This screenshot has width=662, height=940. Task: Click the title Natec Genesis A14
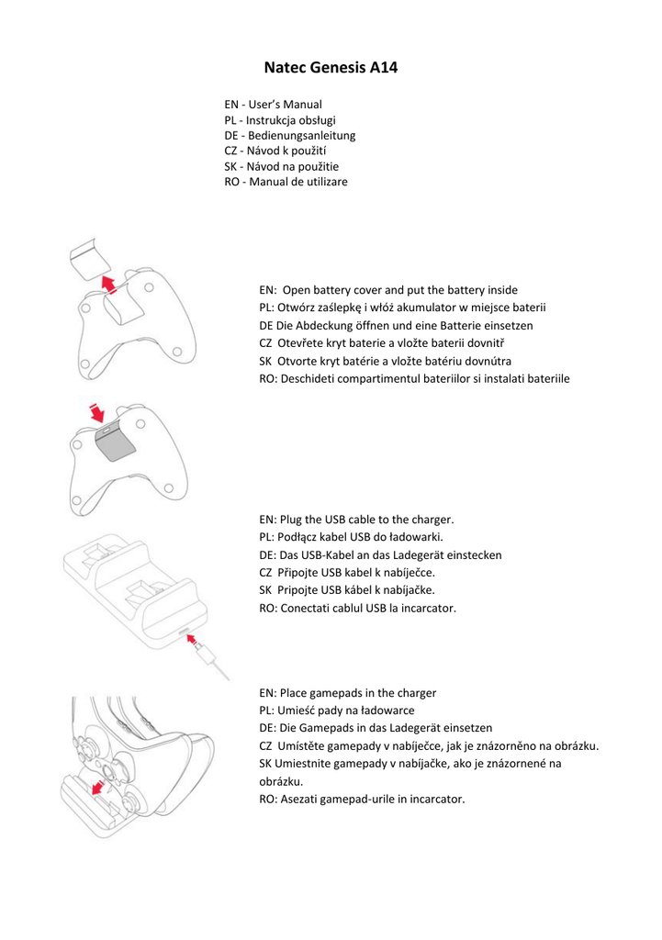(x=331, y=67)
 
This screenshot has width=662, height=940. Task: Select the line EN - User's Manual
(x=273, y=105)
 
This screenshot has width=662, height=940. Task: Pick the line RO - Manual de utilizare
(x=286, y=183)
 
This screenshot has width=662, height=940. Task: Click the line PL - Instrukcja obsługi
(x=279, y=120)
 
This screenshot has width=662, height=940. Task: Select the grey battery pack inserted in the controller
(x=114, y=444)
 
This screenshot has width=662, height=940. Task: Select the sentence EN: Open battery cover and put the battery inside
(x=388, y=289)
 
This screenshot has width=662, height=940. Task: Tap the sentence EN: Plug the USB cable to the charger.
(x=357, y=520)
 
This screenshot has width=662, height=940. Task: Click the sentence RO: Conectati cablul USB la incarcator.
(x=358, y=608)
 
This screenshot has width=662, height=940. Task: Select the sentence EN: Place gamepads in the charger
(x=348, y=693)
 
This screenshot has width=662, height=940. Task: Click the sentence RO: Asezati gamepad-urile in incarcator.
(x=362, y=799)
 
